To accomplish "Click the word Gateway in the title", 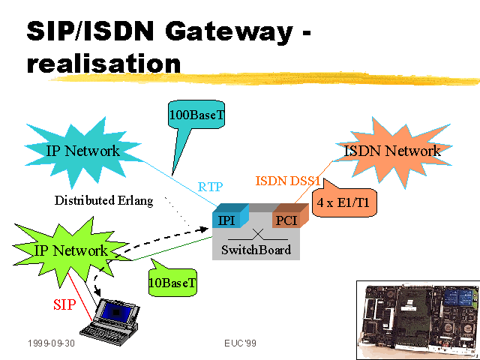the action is (229, 32).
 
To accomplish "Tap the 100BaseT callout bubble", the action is (196, 115).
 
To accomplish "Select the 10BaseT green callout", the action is (172, 282).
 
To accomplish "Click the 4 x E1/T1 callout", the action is (344, 202).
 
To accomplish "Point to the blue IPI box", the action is (230, 216).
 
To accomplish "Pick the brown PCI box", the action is (290, 216).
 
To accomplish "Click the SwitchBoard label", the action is (256, 250).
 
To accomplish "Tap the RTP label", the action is (210, 187).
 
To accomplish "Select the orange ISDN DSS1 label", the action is (288, 181).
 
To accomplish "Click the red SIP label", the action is (64, 304).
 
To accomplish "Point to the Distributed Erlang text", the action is (103, 200).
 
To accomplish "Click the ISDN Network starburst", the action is (393, 152).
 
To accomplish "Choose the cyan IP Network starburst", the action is (82, 152).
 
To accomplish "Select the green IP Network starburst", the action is (70, 251).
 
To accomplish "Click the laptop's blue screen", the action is (116, 312).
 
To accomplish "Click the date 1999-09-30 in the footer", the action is (52, 343).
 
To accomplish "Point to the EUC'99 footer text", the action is (240, 343).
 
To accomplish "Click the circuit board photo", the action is (418, 319).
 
